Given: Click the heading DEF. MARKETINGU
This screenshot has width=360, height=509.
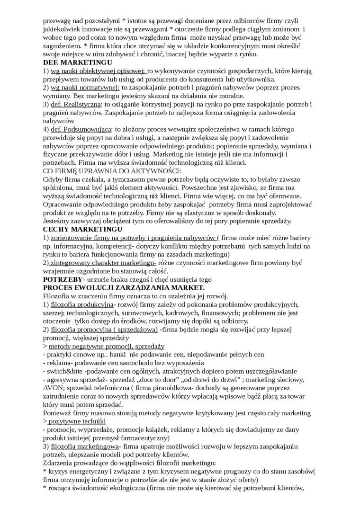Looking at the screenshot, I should coord(77,63).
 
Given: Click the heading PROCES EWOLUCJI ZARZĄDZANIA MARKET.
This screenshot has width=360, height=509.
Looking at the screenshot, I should coord(124,287).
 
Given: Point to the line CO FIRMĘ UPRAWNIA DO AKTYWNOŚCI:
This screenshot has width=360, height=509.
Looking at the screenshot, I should coord(112,171).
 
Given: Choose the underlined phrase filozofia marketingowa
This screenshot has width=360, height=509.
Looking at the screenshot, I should coord(84,446).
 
